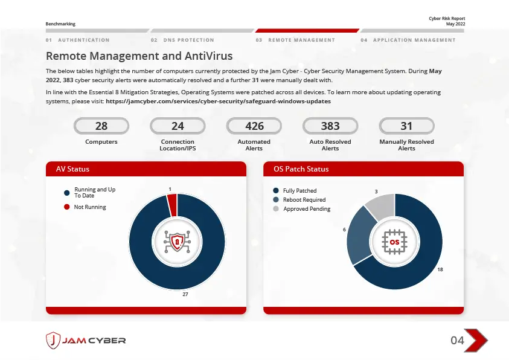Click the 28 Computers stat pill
click(101, 126)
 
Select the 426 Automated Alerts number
click(254, 126)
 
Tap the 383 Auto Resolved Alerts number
click(330, 126)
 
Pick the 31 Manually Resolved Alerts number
click(406, 126)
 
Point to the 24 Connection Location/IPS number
click(178, 126)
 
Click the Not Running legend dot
click(67, 207)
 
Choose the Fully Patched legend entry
click(299, 191)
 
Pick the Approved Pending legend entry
click(307, 209)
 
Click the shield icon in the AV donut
click(177, 241)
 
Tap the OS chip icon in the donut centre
click(394, 241)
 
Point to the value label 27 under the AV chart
click(185, 294)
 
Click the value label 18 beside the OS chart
click(440, 269)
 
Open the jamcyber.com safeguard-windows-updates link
click(218, 101)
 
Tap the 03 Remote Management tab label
click(301, 40)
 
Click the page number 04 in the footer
click(458, 341)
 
